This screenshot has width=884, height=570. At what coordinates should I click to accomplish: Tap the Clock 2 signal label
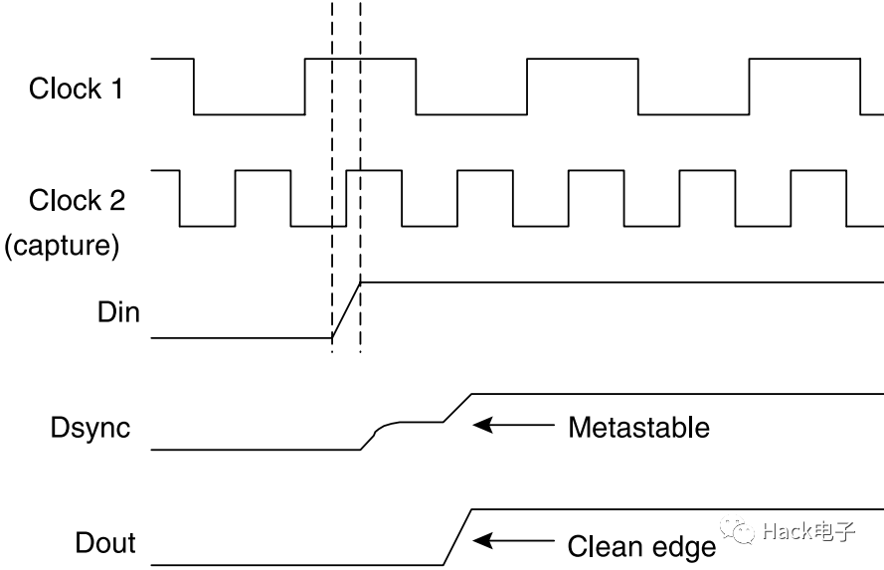[77, 200]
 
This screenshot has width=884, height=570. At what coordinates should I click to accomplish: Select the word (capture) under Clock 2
[62, 245]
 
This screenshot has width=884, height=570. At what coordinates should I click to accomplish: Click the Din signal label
[119, 312]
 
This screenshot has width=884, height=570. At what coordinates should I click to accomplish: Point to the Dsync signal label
[90, 428]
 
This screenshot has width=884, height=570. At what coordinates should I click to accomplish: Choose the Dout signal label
[105, 543]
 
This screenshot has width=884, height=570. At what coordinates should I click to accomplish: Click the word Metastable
[638, 428]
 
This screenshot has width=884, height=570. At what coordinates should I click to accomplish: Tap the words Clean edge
[641, 546]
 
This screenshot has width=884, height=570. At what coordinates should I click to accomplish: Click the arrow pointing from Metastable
[512, 426]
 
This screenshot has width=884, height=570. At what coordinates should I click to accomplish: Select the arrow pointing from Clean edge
[512, 542]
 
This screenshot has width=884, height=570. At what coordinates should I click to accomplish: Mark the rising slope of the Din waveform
[346, 310]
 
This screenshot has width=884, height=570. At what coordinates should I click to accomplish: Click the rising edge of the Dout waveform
[456, 537]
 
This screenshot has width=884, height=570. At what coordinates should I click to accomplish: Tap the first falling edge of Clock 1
[194, 87]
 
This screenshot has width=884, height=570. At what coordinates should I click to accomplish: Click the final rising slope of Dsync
[458, 408]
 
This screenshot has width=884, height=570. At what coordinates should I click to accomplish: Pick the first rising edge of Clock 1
[305, 87]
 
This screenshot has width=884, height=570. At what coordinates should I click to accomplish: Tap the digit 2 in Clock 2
[116, 200]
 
